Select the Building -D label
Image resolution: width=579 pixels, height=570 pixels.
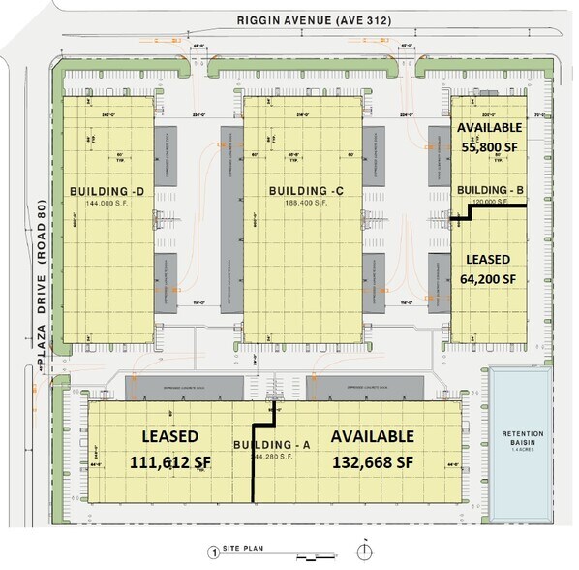[107, 191]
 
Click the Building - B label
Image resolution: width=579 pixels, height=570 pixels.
[489, 189]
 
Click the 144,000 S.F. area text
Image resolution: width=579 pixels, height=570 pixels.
[107, 204]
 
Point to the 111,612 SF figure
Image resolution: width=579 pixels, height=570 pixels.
[169, 462]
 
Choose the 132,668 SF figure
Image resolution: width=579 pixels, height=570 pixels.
[373, 462]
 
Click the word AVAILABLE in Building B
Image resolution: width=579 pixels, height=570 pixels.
[489, 127]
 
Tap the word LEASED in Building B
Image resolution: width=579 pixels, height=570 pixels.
[489, 260]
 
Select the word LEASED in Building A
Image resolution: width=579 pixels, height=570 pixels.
[170, 437]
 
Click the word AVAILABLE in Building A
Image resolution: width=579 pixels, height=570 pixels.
[373, 437]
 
